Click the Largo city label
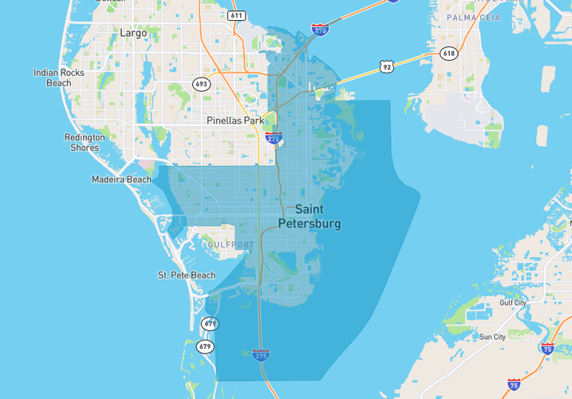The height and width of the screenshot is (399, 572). pyautogui.click(x=133, y=34)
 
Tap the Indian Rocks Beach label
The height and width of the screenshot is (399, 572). pyautogui.click(x=59, y=77)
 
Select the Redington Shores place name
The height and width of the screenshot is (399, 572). pyautogui.click(x=85, y=142)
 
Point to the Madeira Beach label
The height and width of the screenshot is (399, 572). pyautogui.click(x=121, y=180)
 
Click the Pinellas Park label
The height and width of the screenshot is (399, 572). pyautogui.click(x=235, y=120)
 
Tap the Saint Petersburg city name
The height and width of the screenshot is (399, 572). pyautogui.click(x=309, y=216)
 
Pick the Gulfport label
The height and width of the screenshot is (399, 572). pyautogui.click(x=231, y=244)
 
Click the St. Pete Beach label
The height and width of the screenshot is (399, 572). pyautogui.click(x=186, y=275)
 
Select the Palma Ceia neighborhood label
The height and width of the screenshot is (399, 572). pyautogui.click(x=473, y=17)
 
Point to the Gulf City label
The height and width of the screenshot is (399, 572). pyautogui.click(x=513, y=303)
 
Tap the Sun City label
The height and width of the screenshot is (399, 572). pyautogui.click(x=492, y=337)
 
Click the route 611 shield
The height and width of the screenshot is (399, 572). pyautogui.click(x=235, y=15)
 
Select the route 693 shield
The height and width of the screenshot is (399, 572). pyautogui.click(x=201, y=84)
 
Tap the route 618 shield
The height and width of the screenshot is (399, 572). pyautogui.click(x=448, y=53)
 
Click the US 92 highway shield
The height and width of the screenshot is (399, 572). pyautogui.click(x=387, y=67)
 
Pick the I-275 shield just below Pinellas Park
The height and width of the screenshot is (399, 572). pyautogui.click(x=274, y=139)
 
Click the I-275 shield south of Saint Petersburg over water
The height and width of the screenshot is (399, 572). pyautogui.click(x=260, y=355)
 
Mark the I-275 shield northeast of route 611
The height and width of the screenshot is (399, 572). pyautogui.click(x=319, y=30)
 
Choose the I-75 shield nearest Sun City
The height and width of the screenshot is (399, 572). pyautogui.click(x=546, y=349)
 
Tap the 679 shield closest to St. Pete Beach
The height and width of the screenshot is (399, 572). pyautogui.click(x=210, y=323)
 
